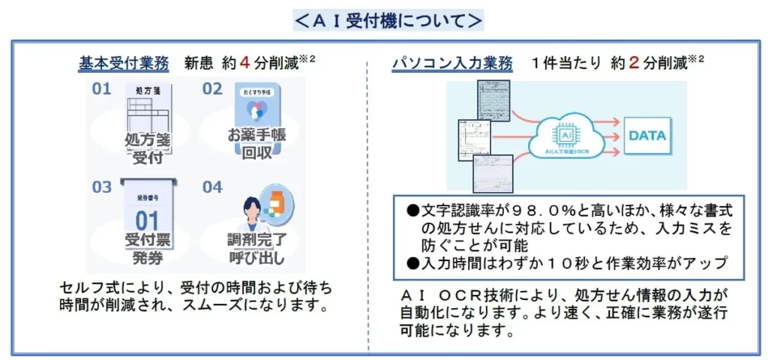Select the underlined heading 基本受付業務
click(124, 63)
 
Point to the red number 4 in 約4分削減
click(244, 63)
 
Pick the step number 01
click(102, 89)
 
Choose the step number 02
click(212, 89)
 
